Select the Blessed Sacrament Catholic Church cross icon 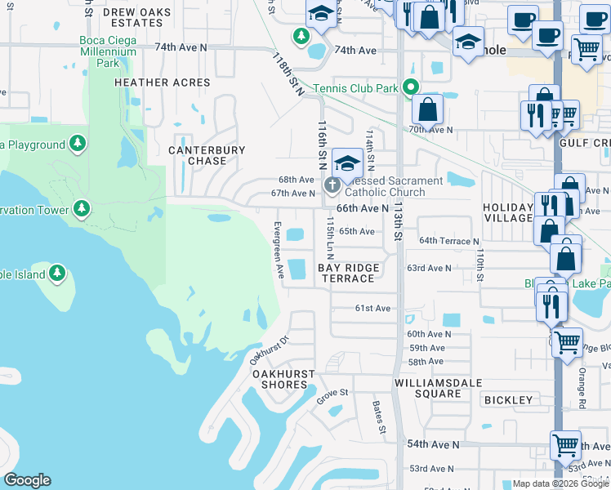332,185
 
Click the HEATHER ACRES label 163,82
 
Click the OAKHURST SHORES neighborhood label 283,379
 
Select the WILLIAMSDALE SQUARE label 427,388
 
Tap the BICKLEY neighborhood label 508,400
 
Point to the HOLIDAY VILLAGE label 507,212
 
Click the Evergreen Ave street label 279,248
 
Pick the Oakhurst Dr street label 270,350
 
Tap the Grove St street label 332,394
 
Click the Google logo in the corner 27,480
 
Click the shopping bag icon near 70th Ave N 427,109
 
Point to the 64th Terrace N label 448,241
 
